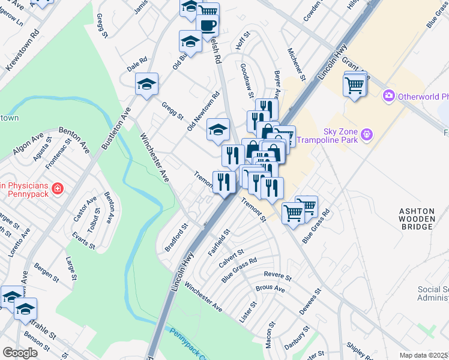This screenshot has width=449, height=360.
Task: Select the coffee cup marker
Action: click(208, 26)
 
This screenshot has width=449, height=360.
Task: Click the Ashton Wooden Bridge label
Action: click(417, 219)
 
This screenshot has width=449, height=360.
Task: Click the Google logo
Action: click(20, 353)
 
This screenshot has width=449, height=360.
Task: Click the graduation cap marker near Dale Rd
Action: click(145, 85)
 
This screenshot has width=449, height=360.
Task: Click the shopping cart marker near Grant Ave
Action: click(355, 85)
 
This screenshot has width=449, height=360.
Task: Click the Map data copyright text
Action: click(424, 355)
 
